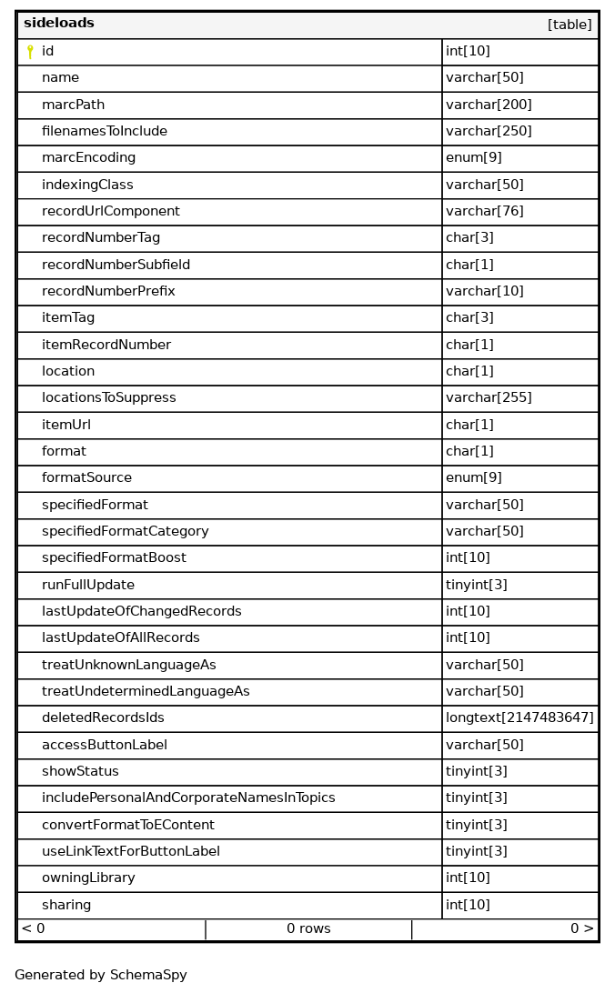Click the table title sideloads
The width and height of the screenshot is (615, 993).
click(59, 24)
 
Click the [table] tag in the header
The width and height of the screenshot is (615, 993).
click(570, 25)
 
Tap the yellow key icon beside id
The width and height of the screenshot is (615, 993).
click(30, 52)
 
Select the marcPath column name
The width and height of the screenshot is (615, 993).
click(73, 105)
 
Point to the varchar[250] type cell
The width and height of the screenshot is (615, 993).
click(489, 131)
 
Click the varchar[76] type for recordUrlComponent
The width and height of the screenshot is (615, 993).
click(484, 211)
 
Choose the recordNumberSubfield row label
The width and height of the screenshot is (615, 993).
click(116, 265)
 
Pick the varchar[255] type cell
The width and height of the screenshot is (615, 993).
click(489, 397)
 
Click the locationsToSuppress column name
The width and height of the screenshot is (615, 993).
click(108, 397)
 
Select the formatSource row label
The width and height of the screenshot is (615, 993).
click(86, 477)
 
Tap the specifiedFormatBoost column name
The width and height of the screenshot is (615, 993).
click(114, 557)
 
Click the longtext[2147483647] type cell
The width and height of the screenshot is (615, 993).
click(519, 717)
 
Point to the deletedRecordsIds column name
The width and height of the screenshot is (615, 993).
click(103, 717)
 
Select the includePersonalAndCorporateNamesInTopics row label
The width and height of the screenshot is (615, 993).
click(188, 797)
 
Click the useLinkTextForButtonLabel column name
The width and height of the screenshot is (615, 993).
click(130, 851)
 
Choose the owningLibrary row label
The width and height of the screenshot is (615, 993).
click(88, 878)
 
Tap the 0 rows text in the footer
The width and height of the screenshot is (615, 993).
click(308, 928)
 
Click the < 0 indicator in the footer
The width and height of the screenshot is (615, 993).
click(33, 928)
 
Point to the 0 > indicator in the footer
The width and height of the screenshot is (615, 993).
click(582, 928)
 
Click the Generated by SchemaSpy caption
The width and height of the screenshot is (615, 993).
click(101, 975)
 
